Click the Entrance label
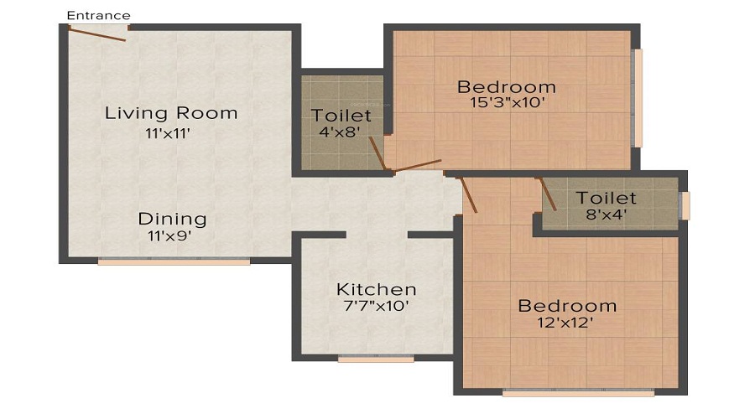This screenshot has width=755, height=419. (x=98, y=15)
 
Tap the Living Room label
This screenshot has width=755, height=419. (x=171, y=112)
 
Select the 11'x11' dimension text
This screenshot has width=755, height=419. (x=171, y=132)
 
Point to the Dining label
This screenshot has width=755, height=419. (x=172, y=219)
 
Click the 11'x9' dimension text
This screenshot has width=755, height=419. (x=171, y=236)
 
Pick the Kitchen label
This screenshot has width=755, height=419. (x=376, y=289)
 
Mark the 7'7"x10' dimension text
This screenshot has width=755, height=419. (x=376, y=307)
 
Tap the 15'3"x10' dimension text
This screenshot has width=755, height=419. (x=506, y=104)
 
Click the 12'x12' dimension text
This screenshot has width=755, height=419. (x=566, y=323)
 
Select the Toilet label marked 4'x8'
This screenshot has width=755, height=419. (x=341, y=115)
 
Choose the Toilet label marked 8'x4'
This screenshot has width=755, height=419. (x=606, y=198)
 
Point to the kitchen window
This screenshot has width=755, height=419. (x=376, y=359)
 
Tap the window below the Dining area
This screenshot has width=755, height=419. (x=174, y=261)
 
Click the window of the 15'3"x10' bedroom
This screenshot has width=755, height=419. (x=638, y=98)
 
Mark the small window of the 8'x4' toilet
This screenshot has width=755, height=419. (x=685, y=205)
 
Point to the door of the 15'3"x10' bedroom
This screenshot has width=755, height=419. (x=417, y=165)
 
